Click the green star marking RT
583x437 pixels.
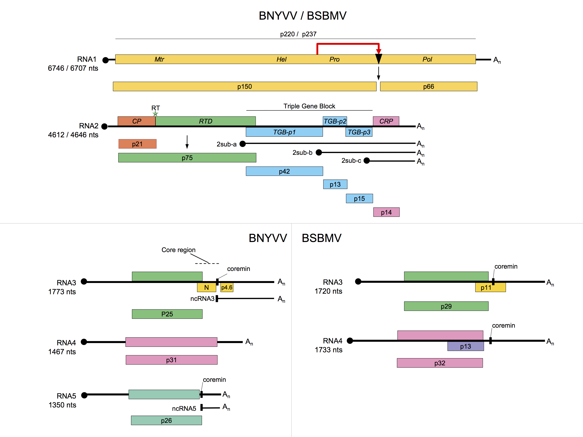[x=155, y=114]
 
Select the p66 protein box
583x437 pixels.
[x=428, y=86]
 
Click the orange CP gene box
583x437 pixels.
[x=137, y=121]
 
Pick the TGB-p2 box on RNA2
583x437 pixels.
[x=335, y=121]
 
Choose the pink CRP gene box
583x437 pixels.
[x=386, y=121]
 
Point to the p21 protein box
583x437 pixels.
[x=137, y=144]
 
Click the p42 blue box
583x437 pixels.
[x=284, y=171]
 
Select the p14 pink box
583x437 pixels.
[x=386, y=212]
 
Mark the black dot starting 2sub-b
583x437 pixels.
[x=319, y=152]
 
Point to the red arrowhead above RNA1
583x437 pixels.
[x=379, y=51]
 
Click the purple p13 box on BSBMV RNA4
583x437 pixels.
[x=465, y=346]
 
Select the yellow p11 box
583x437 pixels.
[x=486, y=288]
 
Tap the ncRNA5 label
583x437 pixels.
[x=184, y=408]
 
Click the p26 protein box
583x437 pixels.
[x=166, y=420]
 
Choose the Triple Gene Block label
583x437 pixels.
[x=309, y=106]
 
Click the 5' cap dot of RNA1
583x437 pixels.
[x=105, y=60]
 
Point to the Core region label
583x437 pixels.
[x=178, y=250]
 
